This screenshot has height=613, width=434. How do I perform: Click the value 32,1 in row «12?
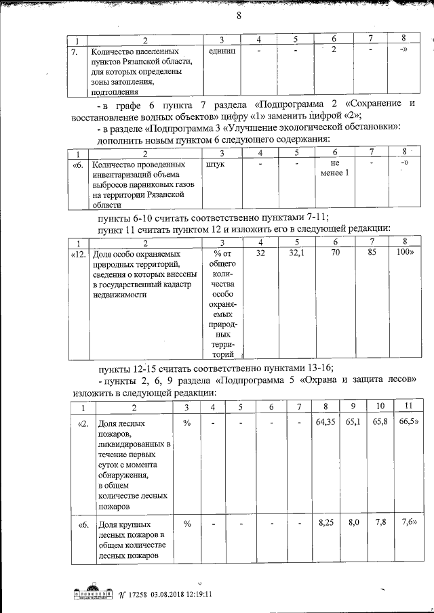pyautogui.click(x=297, y=253)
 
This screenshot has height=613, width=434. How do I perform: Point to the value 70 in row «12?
pyautogui.click(x=335, y=253)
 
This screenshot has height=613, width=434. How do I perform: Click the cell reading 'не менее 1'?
pyautogui.click(x=334, y=168)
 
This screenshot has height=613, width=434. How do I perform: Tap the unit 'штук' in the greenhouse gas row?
pyautogui.click(x=213, y=164)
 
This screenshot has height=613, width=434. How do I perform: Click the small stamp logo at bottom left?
pyautogui.click(x=90, y=593)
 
